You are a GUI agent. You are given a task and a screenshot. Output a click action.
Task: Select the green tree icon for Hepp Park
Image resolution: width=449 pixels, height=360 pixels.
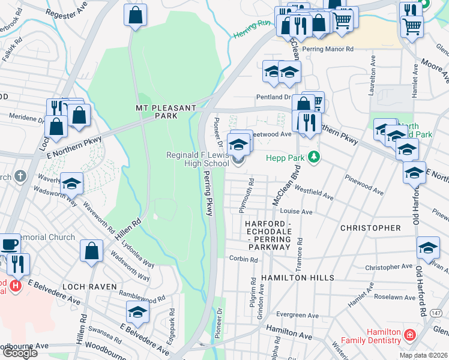[x=312, y=158]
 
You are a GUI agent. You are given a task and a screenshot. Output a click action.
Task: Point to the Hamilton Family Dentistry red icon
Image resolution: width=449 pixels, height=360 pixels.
[x=409, y=334]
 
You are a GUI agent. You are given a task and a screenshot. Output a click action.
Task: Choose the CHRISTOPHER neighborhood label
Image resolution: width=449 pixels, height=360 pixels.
[x=370, y=228]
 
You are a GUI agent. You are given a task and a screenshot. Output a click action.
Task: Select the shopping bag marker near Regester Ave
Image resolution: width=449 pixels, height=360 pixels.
[x=136, y=15]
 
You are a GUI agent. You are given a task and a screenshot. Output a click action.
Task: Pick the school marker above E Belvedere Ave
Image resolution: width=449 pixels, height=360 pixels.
[x=137, y=312]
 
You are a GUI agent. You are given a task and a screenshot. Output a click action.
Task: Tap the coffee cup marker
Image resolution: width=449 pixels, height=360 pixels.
[x=10, y=245]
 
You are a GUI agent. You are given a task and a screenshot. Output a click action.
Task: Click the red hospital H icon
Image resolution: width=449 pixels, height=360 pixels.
[x=16, y=286]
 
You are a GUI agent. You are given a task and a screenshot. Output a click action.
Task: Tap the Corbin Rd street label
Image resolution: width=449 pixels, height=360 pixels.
[x=243, y=260]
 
